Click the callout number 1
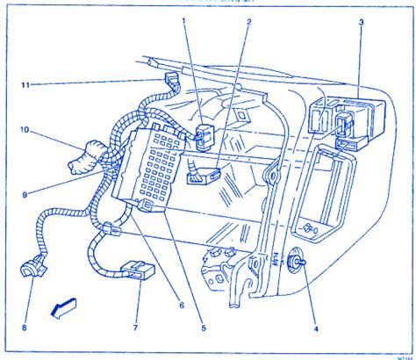(183, 19)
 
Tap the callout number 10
(25, 132)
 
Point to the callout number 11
(26, 84)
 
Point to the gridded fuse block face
(156, 162)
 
